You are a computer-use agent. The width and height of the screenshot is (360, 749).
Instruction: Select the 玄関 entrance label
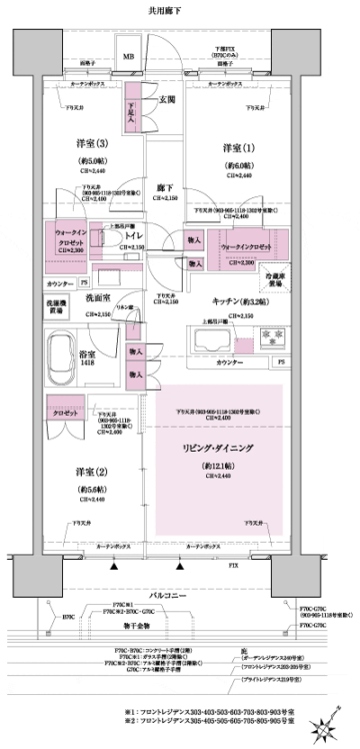pyautogui.click(x=166, y=99)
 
